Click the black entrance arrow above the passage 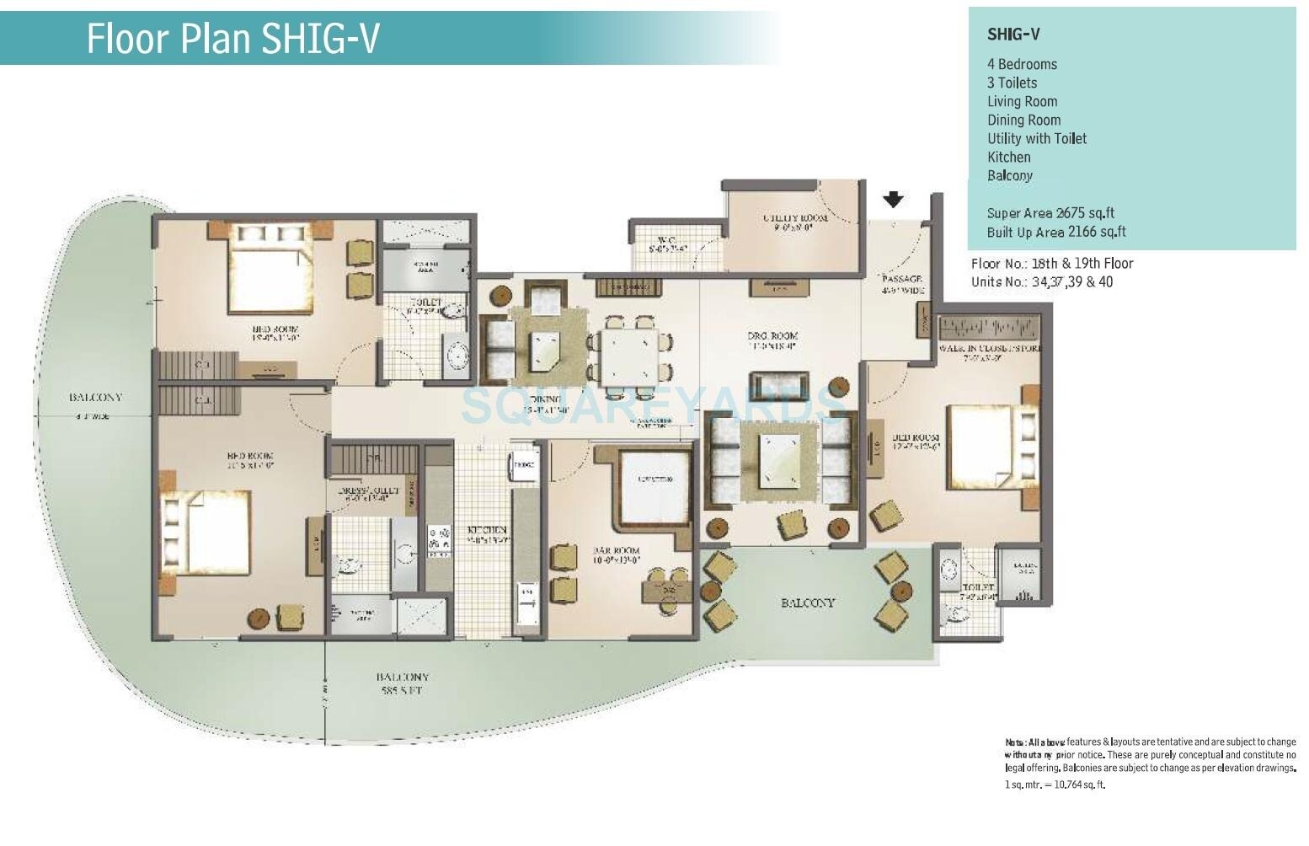pyautogui.click(x=893, y=200)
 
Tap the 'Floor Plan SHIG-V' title pyautogui.click(x=233, y=38)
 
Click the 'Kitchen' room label pyautogui.click(x=488, y=530)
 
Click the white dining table pyautogui.click(x=629, y=356)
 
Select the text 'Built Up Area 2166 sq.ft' pyautogui.click(x=1056, y=232)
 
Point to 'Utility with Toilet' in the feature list pyautogui.click(x=1037, y=138)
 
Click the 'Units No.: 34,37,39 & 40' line pyautogui.click(x=1041, y=281)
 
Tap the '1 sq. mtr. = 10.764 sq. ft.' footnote pyautogui.click(x=1055, y=784)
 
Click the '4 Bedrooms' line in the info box pyautogui.click(x=1022, y=64)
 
